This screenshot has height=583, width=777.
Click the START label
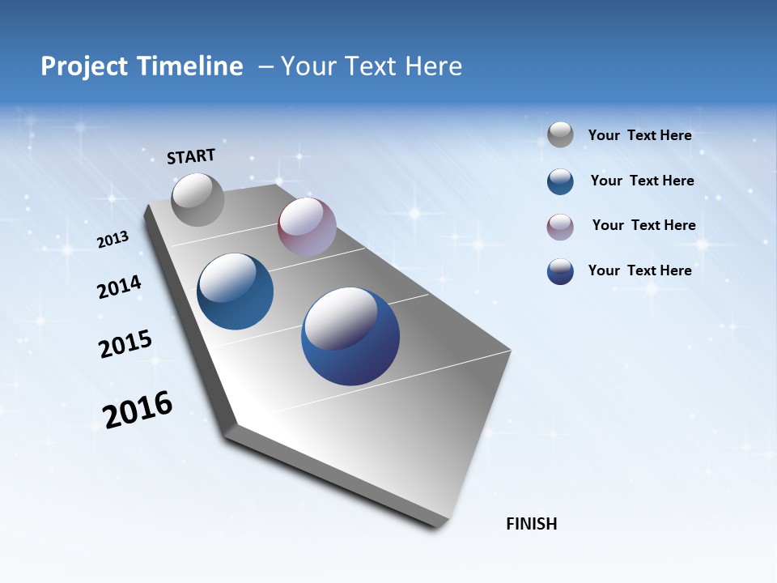point(191,156)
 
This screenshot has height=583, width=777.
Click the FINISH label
point(531,524)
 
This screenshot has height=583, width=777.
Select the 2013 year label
point(113,240)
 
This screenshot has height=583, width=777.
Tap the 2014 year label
point(119,287)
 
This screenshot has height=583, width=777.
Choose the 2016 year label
point(138,410)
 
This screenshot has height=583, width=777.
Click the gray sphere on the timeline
point(197,199)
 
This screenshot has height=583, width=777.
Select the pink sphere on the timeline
point(307,227)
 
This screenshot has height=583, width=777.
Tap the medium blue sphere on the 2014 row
point(235,291)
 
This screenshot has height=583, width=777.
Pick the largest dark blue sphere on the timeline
point(350,336)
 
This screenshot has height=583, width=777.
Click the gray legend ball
point(560,135)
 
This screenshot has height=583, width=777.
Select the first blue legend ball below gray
point(560,181)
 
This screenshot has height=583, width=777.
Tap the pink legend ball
point(560,226)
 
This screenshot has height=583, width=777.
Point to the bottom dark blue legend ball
point(560,271)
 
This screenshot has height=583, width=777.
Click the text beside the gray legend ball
point(639,135)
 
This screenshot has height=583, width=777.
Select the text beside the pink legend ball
point(643,225)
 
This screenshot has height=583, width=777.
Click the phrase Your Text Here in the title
point(372,66)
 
